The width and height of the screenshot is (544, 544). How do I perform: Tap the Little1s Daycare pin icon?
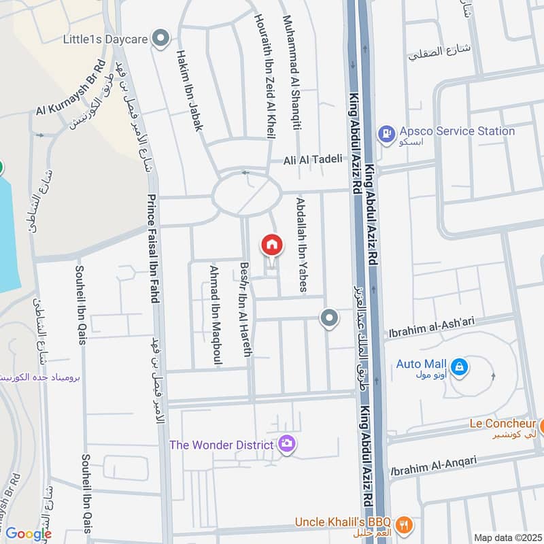[161, 39]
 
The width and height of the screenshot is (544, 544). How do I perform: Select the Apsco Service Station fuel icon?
[386, 133]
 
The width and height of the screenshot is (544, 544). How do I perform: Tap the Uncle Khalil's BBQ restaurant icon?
[403, 523]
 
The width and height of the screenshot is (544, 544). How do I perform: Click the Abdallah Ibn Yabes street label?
[301, 245]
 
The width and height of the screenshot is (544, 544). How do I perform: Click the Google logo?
[29, 534]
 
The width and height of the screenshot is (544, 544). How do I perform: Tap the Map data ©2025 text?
[507, 538]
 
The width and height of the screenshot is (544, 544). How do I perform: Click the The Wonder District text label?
[222, 445]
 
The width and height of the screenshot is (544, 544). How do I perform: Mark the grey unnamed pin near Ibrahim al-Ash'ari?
[329, 318]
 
